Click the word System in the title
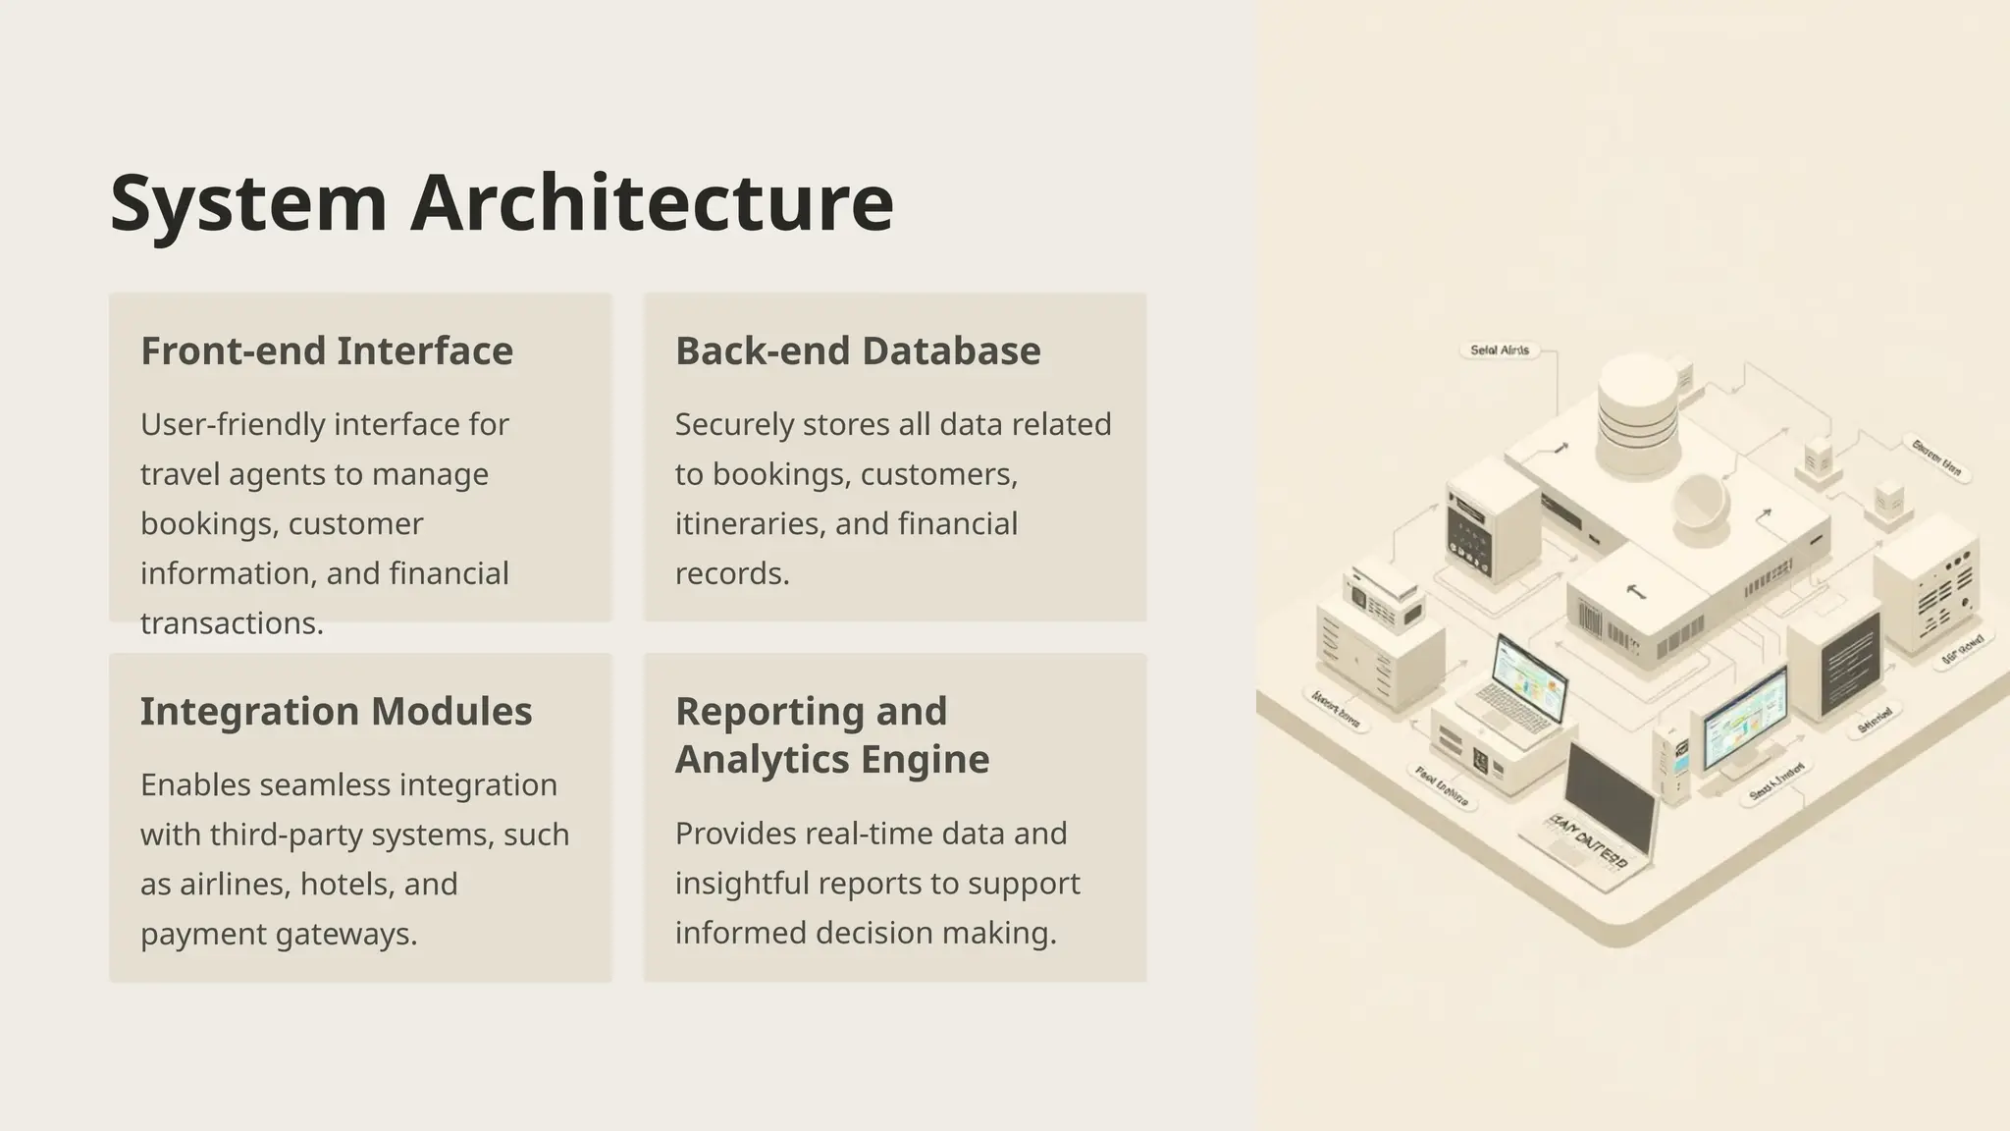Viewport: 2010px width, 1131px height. pyautogui.click(x=248, y=203)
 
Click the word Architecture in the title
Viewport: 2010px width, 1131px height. pyautogui.click(x=652, y=203)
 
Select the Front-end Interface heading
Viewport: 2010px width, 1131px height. pyautogui.click(x=326, y=351)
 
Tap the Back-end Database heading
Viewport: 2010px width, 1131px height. pyautogui.click(x=857, y=351)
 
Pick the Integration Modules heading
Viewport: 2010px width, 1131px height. pyautogui.click(x=336, y=712)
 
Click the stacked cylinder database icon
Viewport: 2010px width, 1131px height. pyautogui.click(x=1637, y=412)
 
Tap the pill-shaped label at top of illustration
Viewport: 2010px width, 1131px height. pyautogui.click(x=1499, y=350)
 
